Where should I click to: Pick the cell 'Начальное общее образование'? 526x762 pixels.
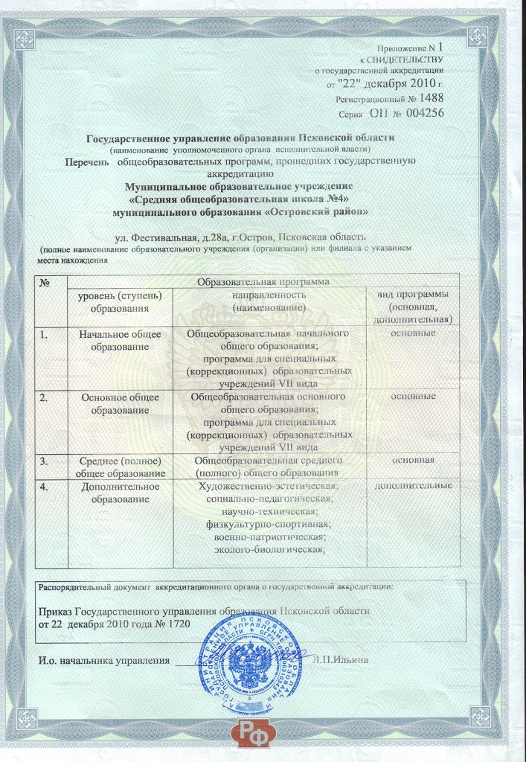pos(120,340)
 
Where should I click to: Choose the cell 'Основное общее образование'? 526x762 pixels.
pos(120,403)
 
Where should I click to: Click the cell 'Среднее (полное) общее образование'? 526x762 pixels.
pos(120,467)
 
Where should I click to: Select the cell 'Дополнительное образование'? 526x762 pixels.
pos(120,493)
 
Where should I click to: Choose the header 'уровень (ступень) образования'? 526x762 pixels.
pos(120,301)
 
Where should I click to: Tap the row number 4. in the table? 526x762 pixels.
pos(45,487)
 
